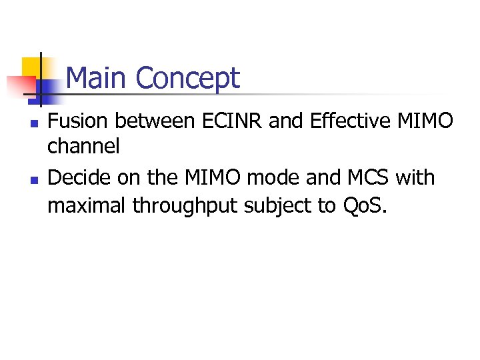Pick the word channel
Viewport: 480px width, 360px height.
point(83,146)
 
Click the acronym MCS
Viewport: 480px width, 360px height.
point(369,178)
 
